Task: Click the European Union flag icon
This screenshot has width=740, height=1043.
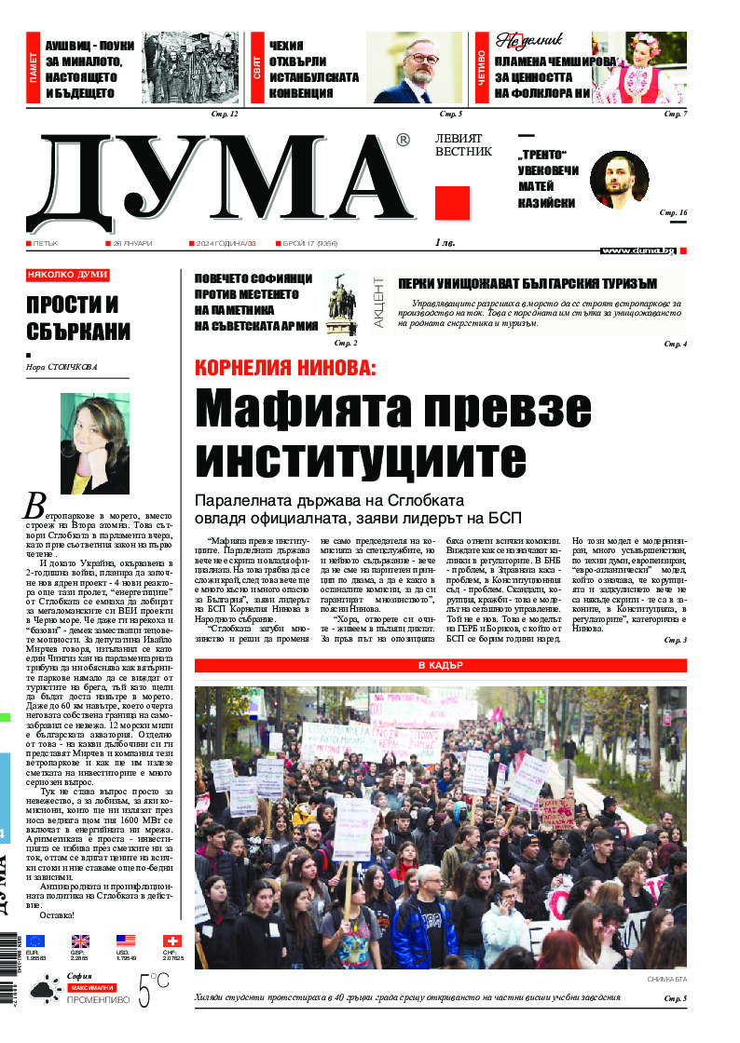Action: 35,941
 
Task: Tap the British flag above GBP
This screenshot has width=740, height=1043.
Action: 80,941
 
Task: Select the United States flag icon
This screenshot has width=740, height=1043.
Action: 126,941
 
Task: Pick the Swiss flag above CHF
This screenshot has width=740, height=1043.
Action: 171,941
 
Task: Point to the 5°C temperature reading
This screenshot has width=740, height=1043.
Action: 154,991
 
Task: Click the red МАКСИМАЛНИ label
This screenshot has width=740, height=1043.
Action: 91,986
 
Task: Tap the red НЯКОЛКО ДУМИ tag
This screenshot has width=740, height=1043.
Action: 67,276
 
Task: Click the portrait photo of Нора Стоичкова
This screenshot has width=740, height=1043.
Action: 94,442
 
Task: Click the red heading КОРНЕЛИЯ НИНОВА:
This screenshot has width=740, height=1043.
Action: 284,368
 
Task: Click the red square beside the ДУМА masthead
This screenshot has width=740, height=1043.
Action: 452,202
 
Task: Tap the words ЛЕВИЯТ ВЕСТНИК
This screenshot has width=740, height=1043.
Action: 463,144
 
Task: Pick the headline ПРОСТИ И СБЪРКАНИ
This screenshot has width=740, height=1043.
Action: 78,318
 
